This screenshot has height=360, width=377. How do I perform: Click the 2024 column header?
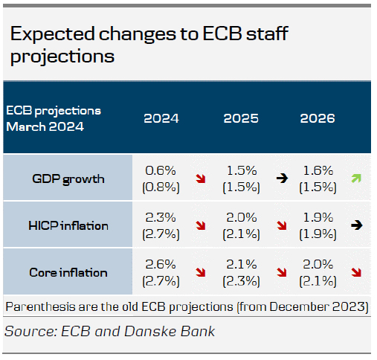161,118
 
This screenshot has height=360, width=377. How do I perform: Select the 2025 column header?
241,118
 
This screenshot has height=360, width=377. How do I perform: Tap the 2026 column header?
318,118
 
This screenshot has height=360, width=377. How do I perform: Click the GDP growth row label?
68,179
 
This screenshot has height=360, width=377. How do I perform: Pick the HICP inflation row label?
68,225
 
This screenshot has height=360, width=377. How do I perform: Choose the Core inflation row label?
68,272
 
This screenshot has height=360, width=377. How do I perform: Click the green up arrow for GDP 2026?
356,179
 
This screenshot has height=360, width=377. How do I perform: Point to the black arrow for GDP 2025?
282,179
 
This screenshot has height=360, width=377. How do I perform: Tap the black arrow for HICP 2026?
356,225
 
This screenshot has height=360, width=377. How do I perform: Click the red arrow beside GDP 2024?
201,179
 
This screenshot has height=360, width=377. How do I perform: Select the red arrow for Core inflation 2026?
356,272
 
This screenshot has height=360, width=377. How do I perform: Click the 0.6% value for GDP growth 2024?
161,170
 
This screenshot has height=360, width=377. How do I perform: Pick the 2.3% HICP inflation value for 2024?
161,217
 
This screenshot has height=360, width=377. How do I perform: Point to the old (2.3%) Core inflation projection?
241,281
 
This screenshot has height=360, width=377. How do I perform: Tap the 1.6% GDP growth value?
318,170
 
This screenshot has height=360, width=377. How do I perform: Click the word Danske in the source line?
150,332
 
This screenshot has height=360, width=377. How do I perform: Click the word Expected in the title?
53,34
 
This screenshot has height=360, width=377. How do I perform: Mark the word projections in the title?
62,57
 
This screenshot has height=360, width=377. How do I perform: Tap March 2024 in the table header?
45,126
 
